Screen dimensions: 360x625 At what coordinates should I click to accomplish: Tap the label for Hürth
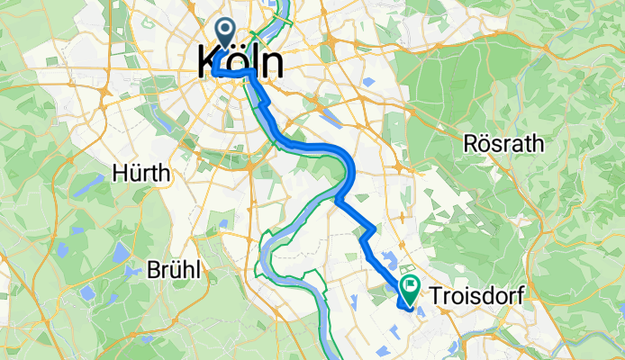click(x=140, y=174)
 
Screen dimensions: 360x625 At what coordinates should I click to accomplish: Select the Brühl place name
click(x=176, y=269)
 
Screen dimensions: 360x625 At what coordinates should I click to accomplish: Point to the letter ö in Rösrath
click(x=485, y=143)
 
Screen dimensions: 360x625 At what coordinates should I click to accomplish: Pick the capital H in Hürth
click(x=118, y=174)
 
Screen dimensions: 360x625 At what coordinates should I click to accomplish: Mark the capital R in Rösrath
click(x=470, y=143)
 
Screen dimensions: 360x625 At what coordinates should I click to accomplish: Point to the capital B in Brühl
click(x=153, y=269)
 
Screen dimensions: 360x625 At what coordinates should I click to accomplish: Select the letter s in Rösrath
click(x=497, y=144)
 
